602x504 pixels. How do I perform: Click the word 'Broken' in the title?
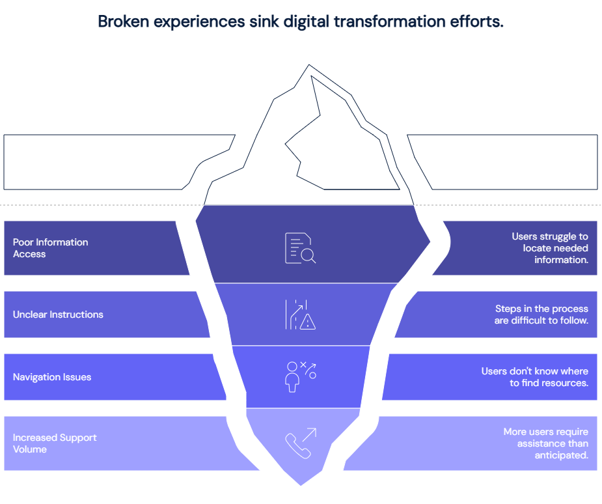123,21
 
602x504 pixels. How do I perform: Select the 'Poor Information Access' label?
50,248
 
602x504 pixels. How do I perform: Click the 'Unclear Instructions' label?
58,315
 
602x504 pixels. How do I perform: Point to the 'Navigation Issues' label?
52,377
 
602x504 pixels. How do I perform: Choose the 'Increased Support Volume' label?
55,443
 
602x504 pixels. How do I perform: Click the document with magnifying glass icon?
300,248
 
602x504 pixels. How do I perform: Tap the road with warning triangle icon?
300,315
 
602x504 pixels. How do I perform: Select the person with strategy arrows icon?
301,376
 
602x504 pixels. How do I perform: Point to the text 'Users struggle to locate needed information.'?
550,248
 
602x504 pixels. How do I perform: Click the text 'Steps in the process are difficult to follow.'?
541,315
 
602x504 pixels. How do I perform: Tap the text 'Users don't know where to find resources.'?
535,377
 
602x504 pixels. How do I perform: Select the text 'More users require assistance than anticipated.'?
545,443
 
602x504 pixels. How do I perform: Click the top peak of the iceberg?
309,65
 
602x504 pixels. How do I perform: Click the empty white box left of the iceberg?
96,162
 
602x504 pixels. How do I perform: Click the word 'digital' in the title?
306,21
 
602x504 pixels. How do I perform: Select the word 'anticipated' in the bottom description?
561,455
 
